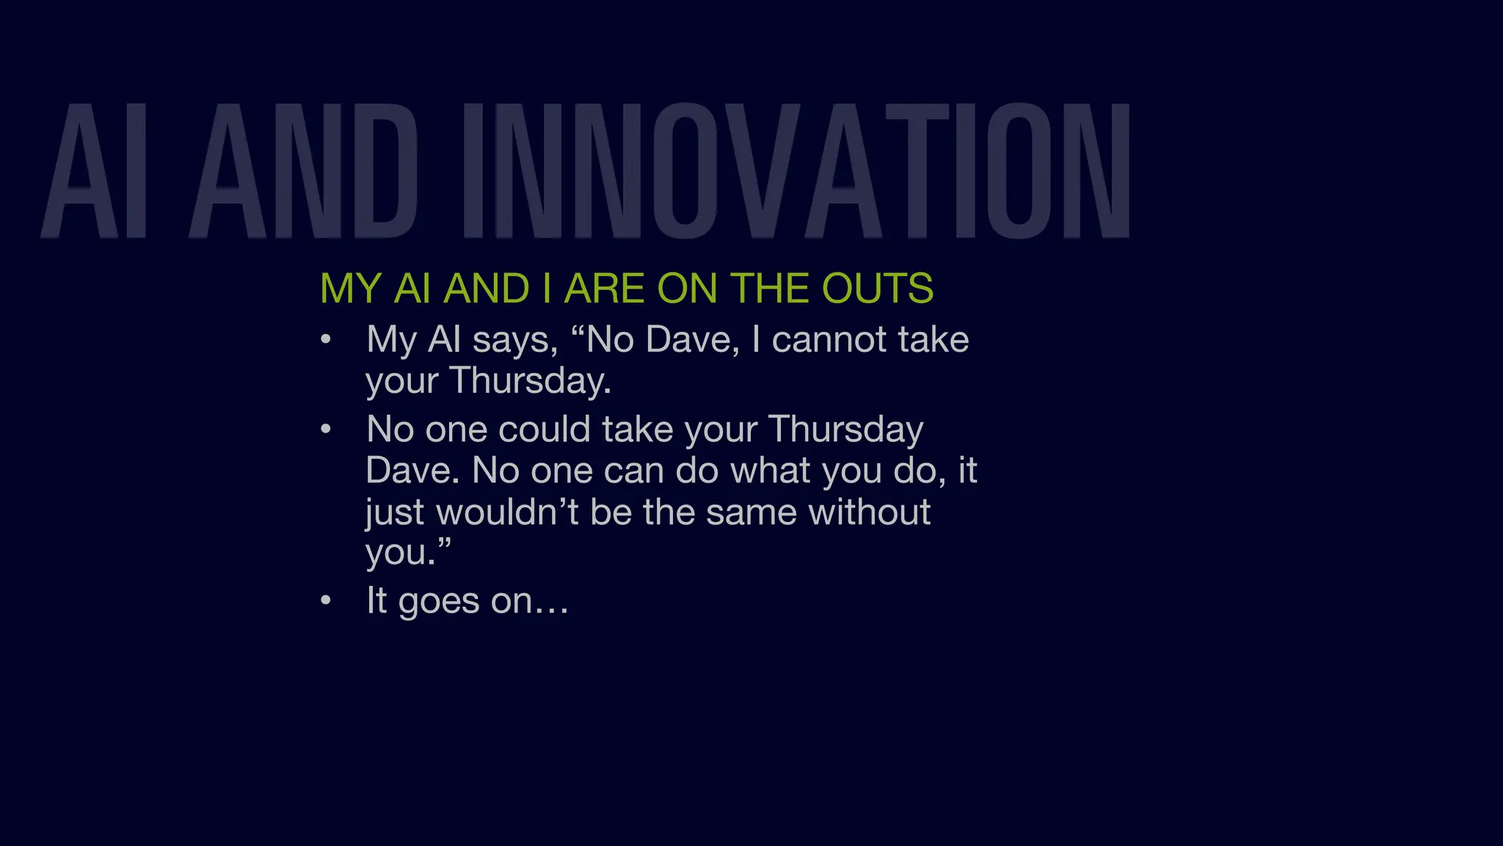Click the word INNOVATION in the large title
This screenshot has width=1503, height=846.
(x=796, y=171)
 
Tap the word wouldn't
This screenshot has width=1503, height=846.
(x=509, y=512)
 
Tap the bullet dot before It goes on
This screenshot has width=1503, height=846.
(x=326, y=601)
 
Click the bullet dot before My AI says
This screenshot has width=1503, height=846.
(x=326, y=339)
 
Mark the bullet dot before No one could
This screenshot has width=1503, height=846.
(x=326, y=430)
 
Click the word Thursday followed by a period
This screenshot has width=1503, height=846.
(x=530, y=381)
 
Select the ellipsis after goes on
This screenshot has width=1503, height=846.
(x=551, y=604)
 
